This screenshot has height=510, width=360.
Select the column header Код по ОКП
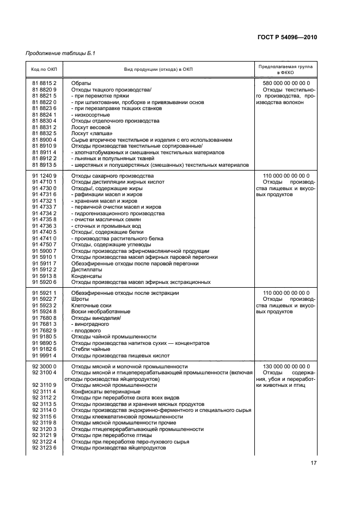pyautogui.click(x=44, y=69)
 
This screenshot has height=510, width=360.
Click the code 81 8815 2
pyautogui.click(x=44, y=83)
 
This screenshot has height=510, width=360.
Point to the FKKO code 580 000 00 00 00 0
pyautogui.click(x=286, y=83)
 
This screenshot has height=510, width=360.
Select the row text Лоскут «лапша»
pyautogui.click(x=92, y=133)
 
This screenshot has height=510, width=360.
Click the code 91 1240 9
pyautogui.click(x=44, y=176)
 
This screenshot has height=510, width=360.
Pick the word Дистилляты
pyautogui.click(x=87, y=269)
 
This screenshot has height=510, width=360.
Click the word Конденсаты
pyautogui.click(x=87, y=276)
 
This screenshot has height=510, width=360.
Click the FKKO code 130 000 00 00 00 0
pyautogui.click(x=286, y=366)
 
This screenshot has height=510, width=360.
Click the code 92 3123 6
pyautogui.click(x=44, y=448)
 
